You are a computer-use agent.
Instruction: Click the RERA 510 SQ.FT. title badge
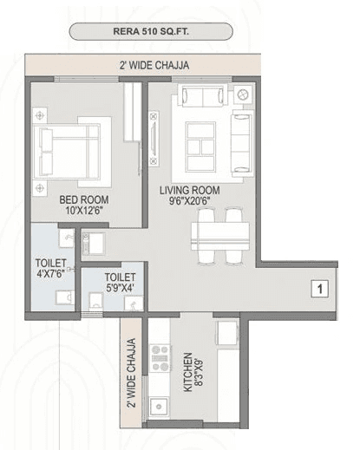click(x=151, y=32)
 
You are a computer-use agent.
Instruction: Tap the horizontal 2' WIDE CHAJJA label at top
click(x=155, y=65)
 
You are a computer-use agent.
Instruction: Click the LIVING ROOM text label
click(x=189, y=190)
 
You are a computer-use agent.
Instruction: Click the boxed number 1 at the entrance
click(x=318, y=289)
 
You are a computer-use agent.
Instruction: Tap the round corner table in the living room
click(x=244, y=94)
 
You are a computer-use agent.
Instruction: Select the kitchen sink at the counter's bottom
click(x=159, y=407)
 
